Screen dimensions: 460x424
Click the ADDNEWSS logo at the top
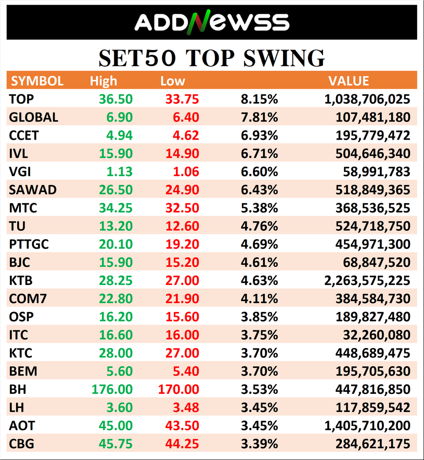tap(212, 22)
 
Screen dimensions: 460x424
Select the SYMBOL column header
tap(37, 81)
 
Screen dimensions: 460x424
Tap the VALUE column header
tap(349, 81)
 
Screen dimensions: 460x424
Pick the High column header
tap(104, 81)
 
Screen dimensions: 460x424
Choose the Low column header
tap(173, 81)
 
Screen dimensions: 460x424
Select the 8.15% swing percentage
tap(259, 99)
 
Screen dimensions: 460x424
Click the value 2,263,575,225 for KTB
tap(367, 281)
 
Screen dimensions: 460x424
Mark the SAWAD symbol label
tap(32, 190)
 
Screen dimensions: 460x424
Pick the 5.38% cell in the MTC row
tap(259, 208)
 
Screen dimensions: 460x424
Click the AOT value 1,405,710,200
tap(367, 426)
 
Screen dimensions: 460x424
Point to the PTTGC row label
tap(29, 244)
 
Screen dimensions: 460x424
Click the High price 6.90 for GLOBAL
tap(121, 117)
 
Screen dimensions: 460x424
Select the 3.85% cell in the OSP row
tap(259, 317)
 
